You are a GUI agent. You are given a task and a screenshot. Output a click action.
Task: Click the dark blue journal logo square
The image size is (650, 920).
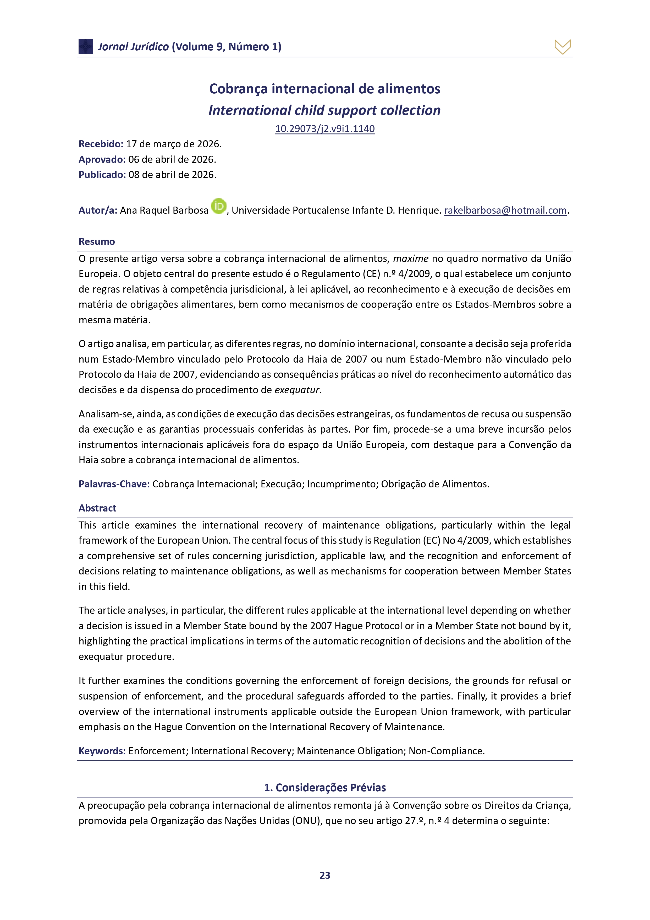(86, 46)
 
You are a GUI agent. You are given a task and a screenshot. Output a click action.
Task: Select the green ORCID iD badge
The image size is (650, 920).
(218, 206)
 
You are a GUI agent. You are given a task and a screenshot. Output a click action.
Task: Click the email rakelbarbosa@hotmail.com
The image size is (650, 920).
(505, 210)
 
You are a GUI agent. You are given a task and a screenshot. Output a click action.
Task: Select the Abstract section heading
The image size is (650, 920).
(97, 508)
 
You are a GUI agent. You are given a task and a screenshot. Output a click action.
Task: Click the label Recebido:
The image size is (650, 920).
(101, 144)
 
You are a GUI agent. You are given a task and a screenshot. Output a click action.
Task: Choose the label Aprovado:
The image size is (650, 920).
(102, 159)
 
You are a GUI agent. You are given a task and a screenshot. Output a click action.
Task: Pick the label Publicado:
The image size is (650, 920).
(102, 175)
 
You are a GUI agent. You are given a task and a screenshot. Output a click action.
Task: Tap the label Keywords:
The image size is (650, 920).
(102, 751)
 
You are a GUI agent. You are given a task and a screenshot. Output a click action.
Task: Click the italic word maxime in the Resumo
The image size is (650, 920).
(411, 259)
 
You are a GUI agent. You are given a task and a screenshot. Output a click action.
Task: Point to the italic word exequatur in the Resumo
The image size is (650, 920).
(297, 390)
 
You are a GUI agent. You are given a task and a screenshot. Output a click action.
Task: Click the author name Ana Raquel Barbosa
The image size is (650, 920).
(164, 210)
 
